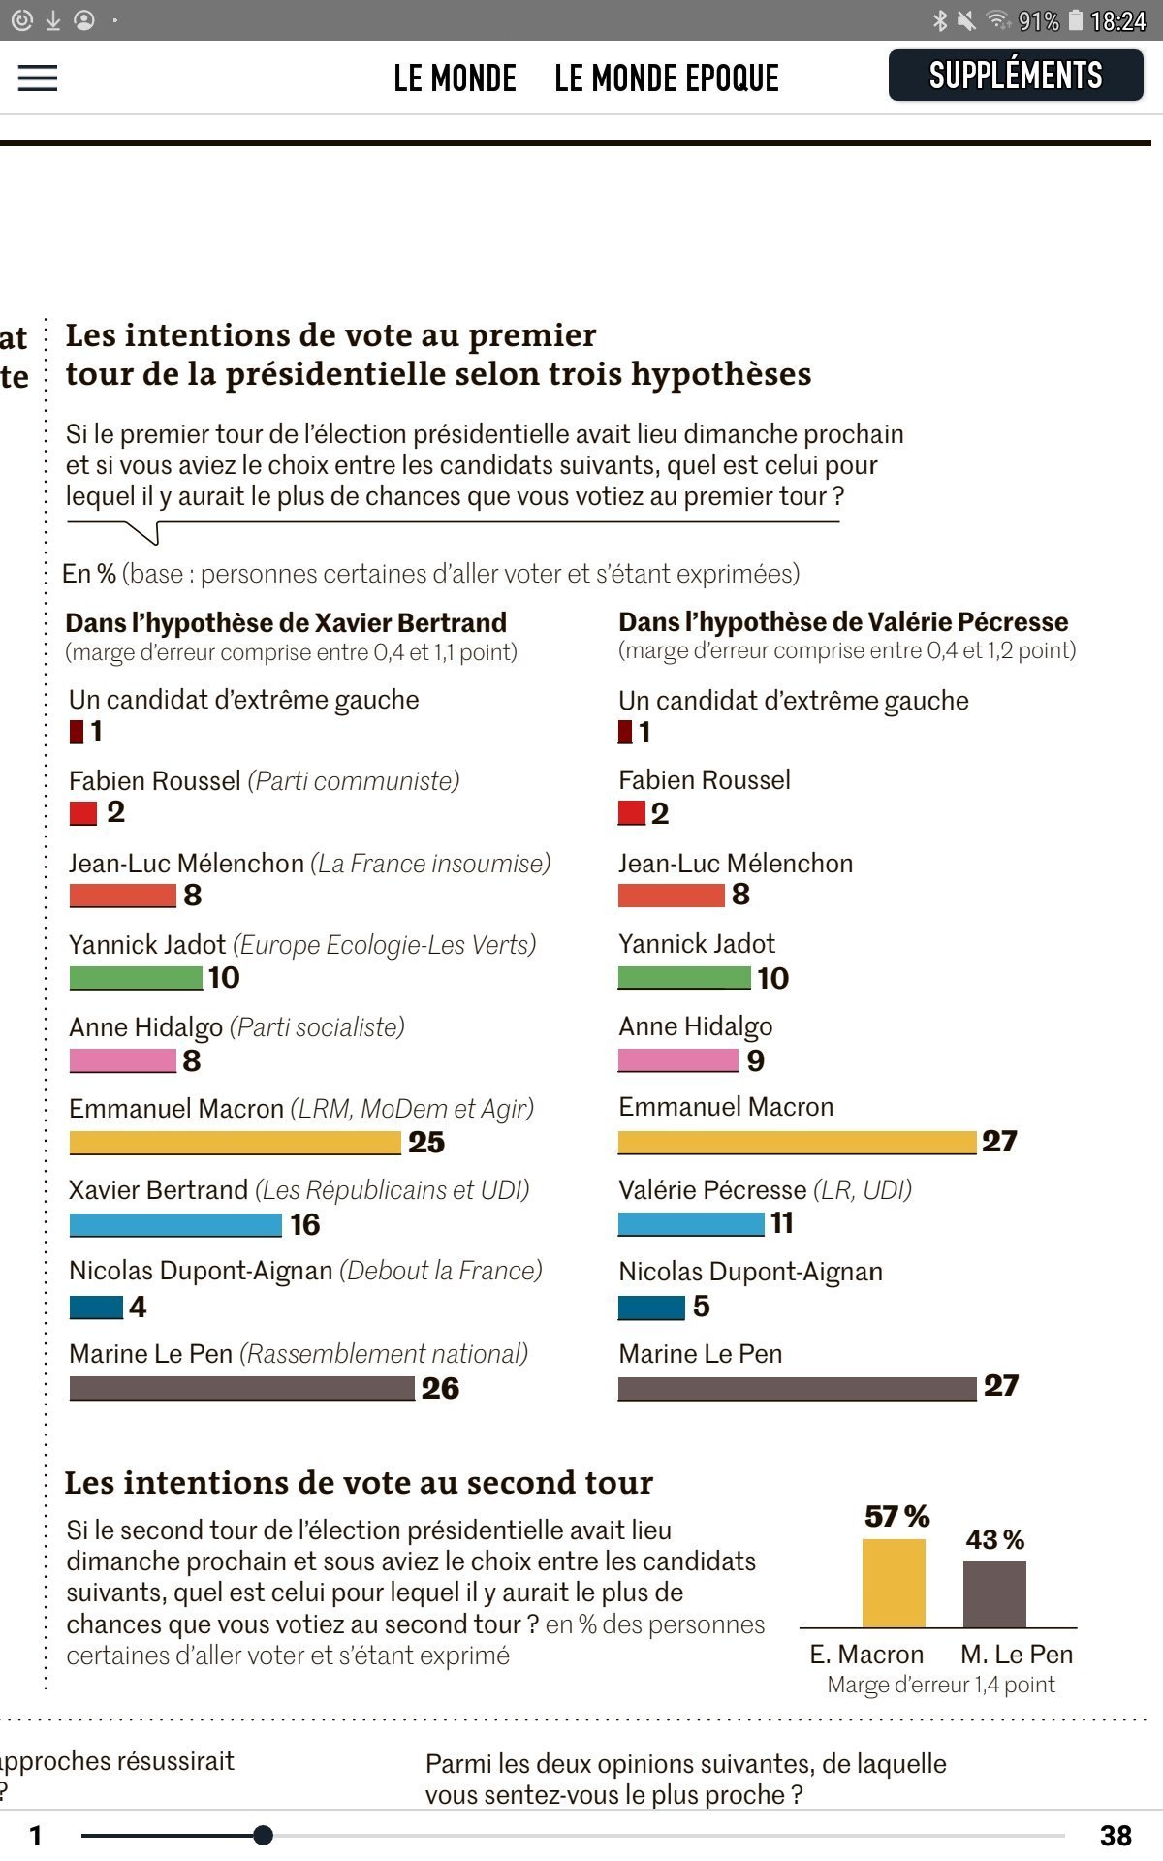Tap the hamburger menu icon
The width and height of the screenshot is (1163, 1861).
tap(38, 78)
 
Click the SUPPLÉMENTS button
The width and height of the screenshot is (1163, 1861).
tap(1015, 76)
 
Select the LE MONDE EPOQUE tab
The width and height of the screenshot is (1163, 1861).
tap(667, 79)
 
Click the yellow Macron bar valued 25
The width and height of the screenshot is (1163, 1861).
tap(235, 1143)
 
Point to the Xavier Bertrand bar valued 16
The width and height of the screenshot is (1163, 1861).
tap(175, 1225)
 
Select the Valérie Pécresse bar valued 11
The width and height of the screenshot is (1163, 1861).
tap(691, 1224)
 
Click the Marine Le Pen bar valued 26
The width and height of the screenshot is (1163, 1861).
tap(241, 1389)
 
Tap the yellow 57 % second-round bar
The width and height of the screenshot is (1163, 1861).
tap(894, 1583)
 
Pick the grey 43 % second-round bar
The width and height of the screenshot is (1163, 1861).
tap(994, 1593)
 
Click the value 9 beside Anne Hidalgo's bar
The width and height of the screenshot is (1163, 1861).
tap(756, 1061)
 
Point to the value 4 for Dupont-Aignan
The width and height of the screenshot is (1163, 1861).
tap(138, 1308)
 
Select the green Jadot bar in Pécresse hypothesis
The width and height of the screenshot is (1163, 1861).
tap(684, 978)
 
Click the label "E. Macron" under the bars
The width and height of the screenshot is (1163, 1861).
tap(866, 1655)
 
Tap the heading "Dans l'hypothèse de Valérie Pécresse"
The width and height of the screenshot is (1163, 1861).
tap(843, 622)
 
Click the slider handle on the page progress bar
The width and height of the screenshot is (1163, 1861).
tap(263, 1835)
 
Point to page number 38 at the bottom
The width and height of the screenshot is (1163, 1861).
tap(1116, 1835)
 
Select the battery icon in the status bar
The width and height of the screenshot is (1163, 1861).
tap(1075, 20)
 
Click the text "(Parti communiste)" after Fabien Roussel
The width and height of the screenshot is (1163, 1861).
tap(354, 781)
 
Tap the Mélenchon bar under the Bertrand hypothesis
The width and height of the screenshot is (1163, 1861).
tap(122, 896)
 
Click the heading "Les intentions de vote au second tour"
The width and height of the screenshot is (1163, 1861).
tap(359, 1483)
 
